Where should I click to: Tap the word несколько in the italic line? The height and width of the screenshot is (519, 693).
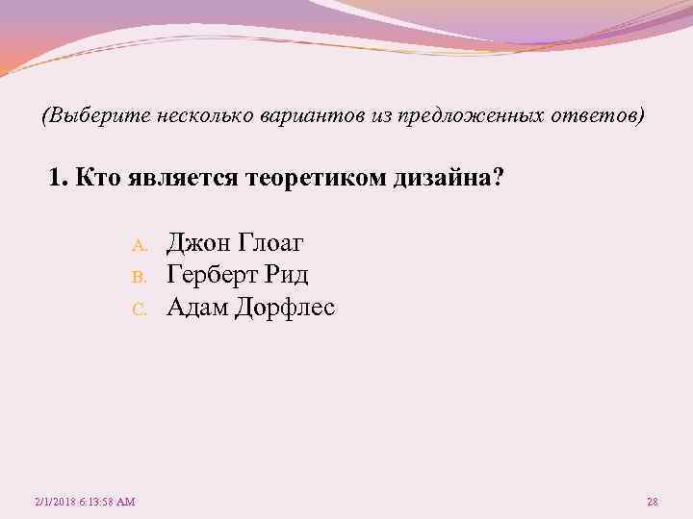coord(203,115)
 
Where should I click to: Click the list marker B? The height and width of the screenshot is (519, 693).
coord(138,278)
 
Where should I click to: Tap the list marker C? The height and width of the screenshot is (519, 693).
coord(138,310)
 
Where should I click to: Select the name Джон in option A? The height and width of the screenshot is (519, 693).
coord(197,241)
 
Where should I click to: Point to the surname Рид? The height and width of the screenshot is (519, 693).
coord(289,275)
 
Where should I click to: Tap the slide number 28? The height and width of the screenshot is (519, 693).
coord(652,502)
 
